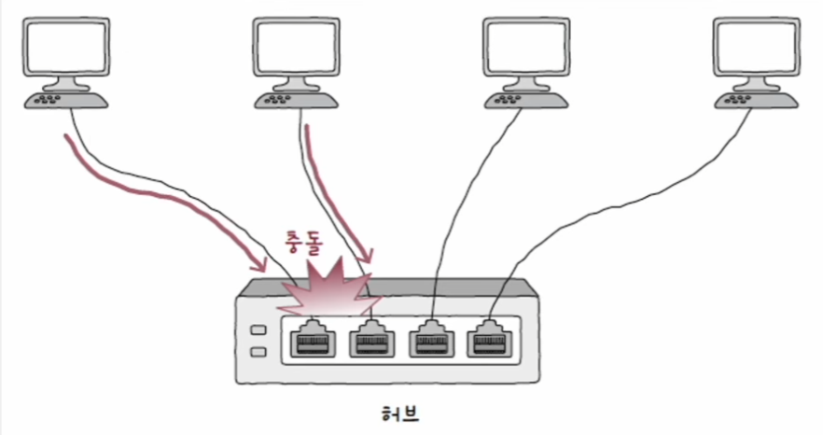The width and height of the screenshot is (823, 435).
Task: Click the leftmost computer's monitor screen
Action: [63, 46]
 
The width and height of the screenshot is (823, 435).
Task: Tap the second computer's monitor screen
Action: [294, 46]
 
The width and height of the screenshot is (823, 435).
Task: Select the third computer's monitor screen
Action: [523, 46]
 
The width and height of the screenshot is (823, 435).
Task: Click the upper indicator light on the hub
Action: [258, 331]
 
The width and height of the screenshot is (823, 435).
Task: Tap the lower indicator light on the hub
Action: [258, 353]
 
